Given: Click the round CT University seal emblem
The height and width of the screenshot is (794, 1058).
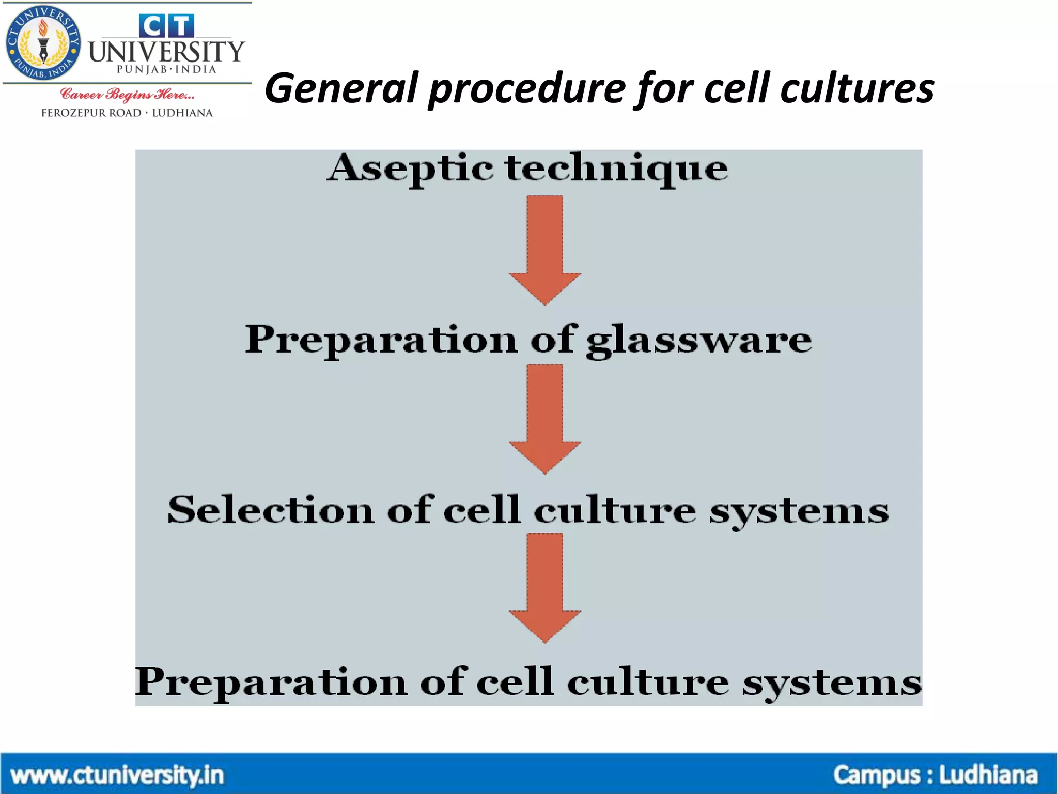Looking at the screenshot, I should click(43, 44).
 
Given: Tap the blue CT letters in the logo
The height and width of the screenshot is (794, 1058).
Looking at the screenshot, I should click(166, 26).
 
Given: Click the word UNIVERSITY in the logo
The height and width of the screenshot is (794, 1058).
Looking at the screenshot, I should click(166, 52).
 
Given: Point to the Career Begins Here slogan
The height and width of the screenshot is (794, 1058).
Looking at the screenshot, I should click(127, 95).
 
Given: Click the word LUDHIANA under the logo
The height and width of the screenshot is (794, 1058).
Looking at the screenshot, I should click(182, 113).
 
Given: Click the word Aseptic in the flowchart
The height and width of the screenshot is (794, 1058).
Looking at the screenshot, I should click(411, 169).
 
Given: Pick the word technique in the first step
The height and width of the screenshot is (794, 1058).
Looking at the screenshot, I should click(616, 169).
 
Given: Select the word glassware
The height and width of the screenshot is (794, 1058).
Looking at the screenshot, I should click(698, 340).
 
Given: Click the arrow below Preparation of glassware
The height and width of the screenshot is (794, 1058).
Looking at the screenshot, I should click(544, 419).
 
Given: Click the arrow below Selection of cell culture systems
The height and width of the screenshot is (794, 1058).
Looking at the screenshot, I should click(544, 587).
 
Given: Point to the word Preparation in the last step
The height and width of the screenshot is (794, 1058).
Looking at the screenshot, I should click(271, 682).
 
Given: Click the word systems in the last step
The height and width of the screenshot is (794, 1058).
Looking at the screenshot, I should click(832, 682).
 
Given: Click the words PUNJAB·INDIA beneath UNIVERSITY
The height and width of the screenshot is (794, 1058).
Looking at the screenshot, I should click(166, 69).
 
